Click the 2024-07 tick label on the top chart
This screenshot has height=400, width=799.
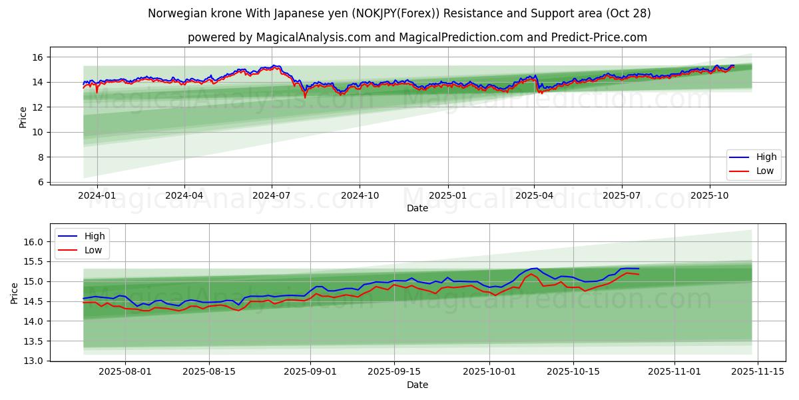(x=272, y=196)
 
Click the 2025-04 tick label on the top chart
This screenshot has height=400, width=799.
(x=534, y=196)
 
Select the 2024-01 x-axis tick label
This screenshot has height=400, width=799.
(x=97, y=196)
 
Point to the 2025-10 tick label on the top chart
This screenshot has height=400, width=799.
(x=709, y=196)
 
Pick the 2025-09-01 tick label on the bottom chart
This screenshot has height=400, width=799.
(x=311, y=372)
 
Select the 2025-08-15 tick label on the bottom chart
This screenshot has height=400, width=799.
(x=209, y=372)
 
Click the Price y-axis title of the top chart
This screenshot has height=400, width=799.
(x=23, y=117)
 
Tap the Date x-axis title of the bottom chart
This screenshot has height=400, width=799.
(x=417, y=385)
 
